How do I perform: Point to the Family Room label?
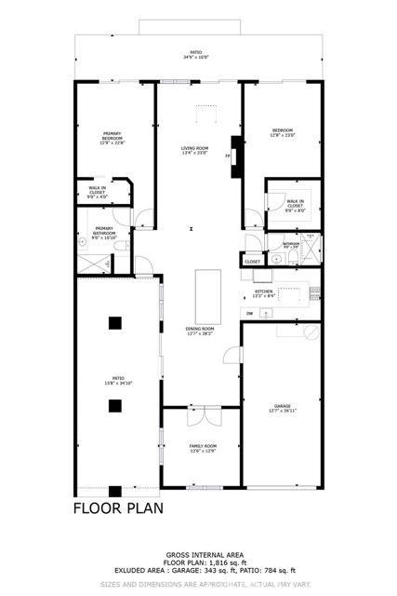click(202, 449)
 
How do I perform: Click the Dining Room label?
click(200, 331)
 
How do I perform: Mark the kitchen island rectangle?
click(207, 295)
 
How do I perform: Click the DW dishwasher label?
click(250, 314)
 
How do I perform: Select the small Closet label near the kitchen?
click(253, 263)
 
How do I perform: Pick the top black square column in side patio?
click(114, 323)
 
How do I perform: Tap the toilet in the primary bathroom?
click(83, 238)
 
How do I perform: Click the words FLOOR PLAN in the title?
click(118, 508)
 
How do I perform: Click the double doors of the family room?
click(202, 410)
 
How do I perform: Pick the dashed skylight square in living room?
click(204, 114)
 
